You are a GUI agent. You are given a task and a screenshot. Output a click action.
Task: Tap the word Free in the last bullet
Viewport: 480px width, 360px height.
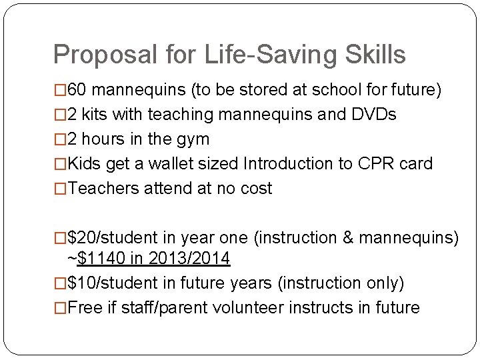[x=83, y=308]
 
